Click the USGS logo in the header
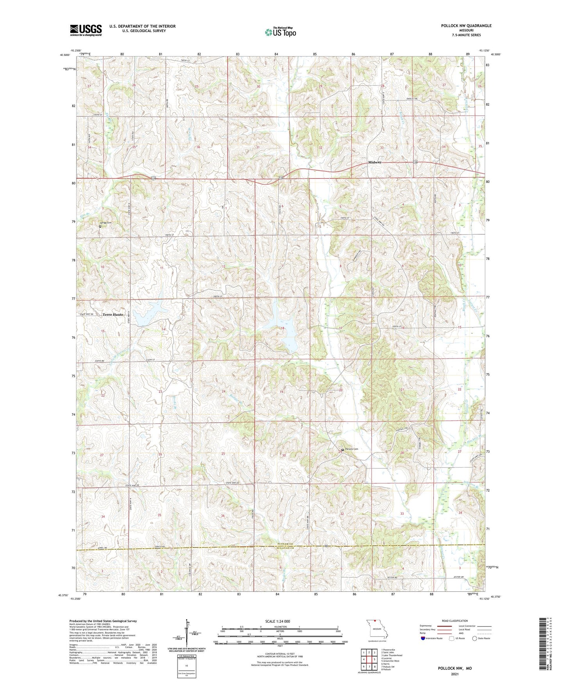pyautogui.click(x=86, y=30)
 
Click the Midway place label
pyautogui.click(x=375, y=162)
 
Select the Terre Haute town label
pyautogui.click(x=113, y=314)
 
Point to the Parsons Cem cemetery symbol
pyautogui.click(x=343, y=450)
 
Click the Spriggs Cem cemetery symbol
pyautogui.click(x=100, y=226)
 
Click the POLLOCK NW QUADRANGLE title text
pyautogui.click(x=466, y=26)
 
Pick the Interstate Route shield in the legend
pyautogui.click(x=424, y=639)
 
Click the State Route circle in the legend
pyautogui.click(x=474, y=639)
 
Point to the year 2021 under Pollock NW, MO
pyautogui.click(x=455, y=674)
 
